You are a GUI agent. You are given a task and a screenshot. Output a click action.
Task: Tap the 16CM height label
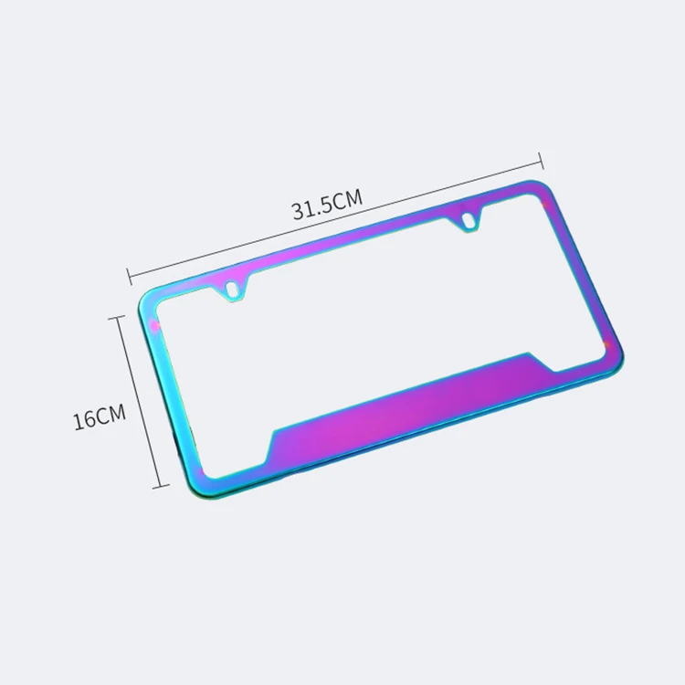[x=99, y=418]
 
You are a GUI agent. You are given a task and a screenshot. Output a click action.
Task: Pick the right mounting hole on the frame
[x=469, y=219]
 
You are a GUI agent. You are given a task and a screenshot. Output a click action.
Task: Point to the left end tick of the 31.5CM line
[x=128, y=273]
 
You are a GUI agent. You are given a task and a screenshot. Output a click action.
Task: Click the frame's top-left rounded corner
[x=147, y=302]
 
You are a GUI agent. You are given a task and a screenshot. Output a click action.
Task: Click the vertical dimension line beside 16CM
[x=139, y=402]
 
